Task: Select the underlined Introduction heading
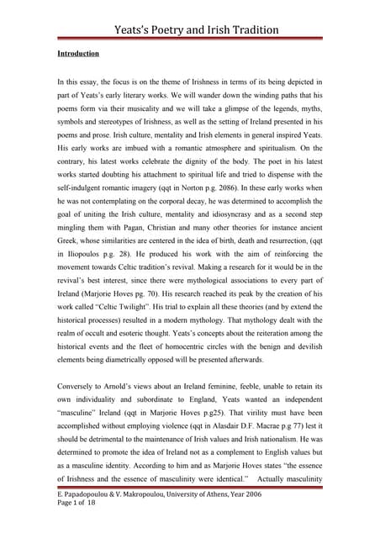(x=78, y=54)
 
